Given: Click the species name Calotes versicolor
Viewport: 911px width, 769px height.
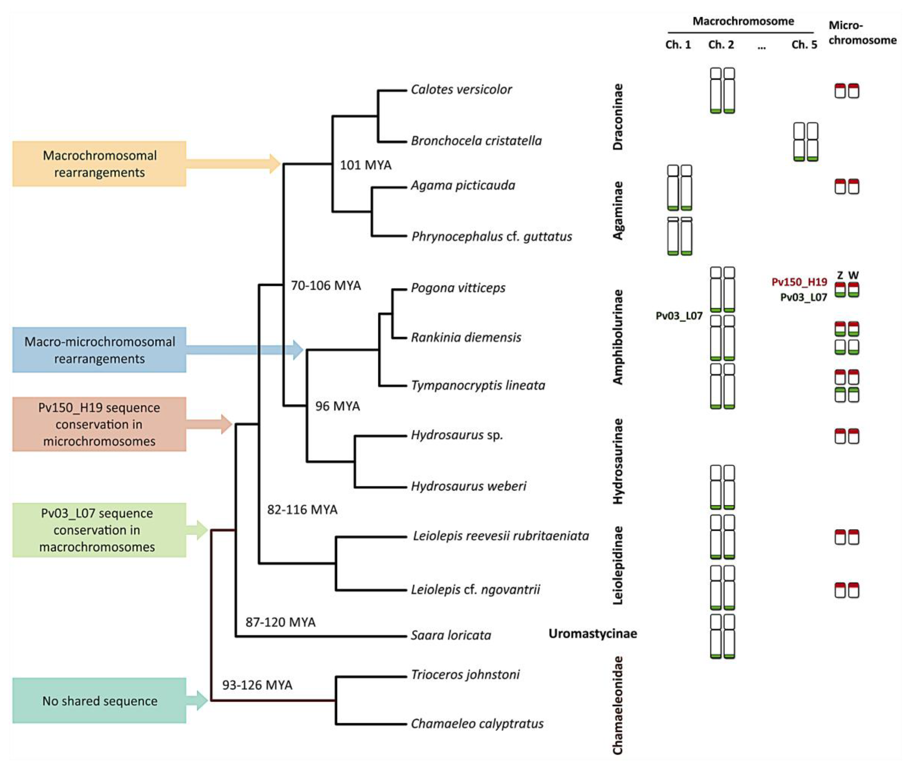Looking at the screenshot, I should [461, 89].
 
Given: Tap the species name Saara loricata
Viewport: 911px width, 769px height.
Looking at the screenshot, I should [451, 635].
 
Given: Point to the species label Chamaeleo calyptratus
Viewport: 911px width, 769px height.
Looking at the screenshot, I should [477, 724].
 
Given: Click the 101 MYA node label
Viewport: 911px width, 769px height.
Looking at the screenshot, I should [365, 165].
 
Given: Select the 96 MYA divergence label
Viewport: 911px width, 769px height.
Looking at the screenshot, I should [337, 406].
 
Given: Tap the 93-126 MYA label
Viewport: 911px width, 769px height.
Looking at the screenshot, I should [257, 685].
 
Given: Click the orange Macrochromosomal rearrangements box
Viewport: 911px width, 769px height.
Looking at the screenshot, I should [99, 164].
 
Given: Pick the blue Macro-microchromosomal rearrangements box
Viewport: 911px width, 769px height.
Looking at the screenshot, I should [99, 350].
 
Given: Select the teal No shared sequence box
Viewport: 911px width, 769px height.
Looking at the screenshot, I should [99, 701].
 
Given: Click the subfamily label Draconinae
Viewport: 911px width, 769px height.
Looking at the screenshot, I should [618, 117].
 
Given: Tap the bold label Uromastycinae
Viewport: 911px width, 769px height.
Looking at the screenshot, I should [592, 633].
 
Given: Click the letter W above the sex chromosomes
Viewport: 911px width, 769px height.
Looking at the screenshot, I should [853, 275].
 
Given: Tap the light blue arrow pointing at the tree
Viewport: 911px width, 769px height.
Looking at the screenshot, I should [244, 350].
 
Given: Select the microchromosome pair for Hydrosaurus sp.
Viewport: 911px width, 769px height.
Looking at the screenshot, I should [847, 436].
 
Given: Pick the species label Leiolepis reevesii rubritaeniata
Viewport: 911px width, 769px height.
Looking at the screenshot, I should [500, 536].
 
